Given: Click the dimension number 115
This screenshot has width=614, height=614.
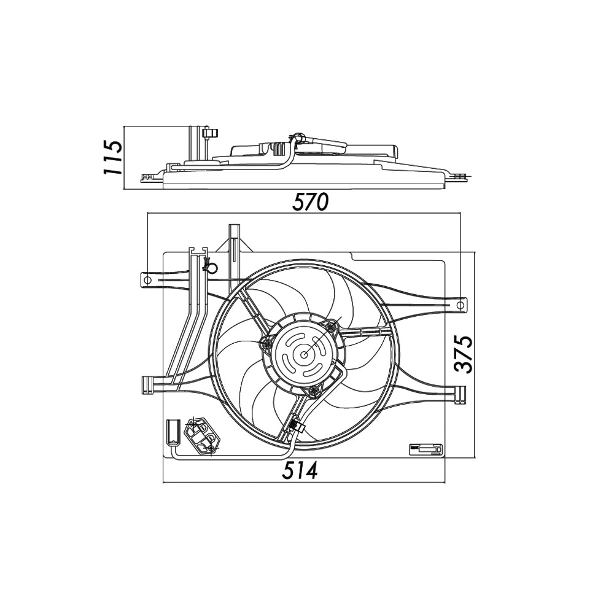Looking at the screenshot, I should pos(113,157).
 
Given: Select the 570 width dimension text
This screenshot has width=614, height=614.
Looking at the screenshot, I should pos(311,201).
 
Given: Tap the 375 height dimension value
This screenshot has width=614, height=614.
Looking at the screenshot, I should pos(465,354).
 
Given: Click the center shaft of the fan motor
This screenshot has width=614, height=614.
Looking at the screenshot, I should pos(305,354).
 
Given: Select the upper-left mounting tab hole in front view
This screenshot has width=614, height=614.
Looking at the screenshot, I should pos(147,280).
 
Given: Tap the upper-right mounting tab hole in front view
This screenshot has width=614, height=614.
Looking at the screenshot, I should pos(460,305).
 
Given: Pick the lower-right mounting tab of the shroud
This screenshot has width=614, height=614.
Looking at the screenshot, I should pos(460,393).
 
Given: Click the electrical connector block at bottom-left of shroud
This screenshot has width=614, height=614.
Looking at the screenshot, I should pos(202,437).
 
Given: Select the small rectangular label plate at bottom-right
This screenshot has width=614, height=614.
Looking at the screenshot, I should pos(426,450).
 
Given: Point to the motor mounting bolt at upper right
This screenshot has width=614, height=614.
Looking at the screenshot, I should pos(332,326).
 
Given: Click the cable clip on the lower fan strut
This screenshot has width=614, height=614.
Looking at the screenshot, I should pos(295,425).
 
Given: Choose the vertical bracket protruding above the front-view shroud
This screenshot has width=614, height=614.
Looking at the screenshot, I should pos(235,243).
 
